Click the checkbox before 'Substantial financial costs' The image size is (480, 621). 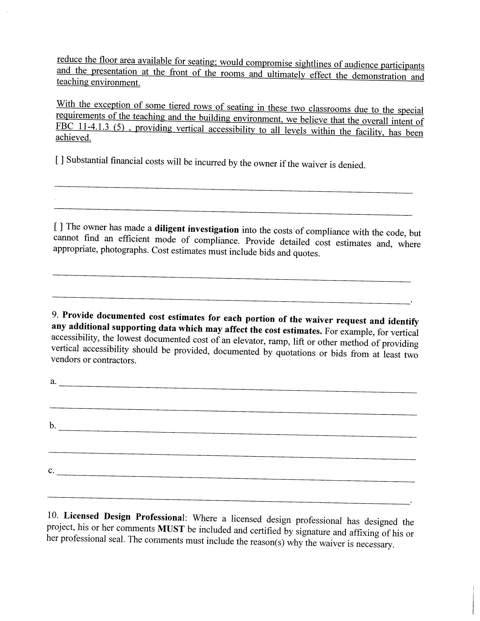coord(59,160)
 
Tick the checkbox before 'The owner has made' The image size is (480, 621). coord(58,227)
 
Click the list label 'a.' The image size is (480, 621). coord(53,381)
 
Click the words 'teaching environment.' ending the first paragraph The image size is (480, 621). coord(98,82)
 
